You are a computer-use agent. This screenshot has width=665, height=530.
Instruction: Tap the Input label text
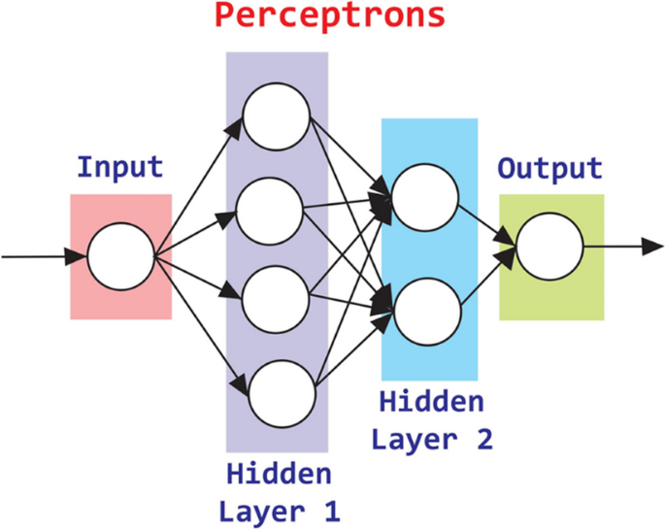[119, 166]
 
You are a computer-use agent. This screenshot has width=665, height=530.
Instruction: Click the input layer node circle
[120, 257]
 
